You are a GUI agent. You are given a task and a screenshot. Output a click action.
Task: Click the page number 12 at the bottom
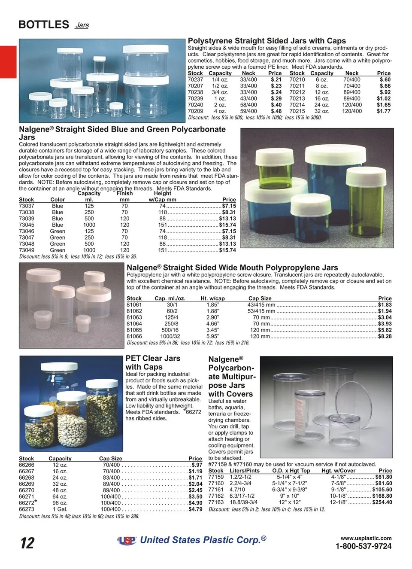[27, 543]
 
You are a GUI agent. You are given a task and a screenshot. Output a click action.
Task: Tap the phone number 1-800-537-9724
[363, 546]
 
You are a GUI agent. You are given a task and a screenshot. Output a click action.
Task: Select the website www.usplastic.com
[366, 538]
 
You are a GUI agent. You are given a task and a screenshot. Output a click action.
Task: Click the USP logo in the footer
[127, 541]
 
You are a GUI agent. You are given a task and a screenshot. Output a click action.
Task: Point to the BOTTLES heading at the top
[44, 24]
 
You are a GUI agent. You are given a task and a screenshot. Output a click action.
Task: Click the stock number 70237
[195, 79]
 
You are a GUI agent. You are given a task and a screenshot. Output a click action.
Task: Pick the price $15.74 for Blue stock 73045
[227, 225]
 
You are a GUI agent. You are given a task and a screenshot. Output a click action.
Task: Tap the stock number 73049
[27, 250]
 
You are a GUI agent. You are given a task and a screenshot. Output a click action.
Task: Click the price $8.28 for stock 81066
[385, 336]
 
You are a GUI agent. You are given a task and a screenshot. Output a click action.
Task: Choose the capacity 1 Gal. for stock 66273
[60, 509]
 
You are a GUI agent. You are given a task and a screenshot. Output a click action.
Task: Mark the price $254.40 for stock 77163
[382, 502]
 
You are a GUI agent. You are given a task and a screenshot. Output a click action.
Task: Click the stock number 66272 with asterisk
[27, 503]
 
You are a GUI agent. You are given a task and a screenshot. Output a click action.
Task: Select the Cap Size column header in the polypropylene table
[260, 298]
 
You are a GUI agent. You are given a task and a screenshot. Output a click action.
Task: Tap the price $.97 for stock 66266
[197, 465]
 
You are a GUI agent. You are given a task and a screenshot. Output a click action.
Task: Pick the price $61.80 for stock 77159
[383, 477]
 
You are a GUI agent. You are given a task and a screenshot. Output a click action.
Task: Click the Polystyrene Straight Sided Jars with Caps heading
[267, 41]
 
